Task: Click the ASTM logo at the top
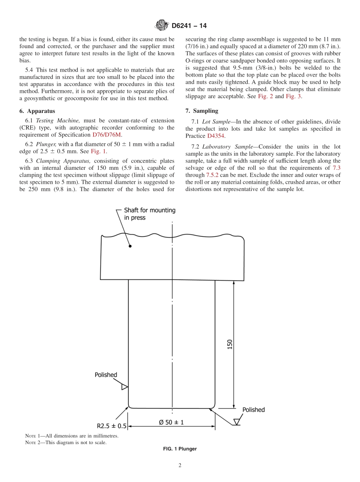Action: [162, 26]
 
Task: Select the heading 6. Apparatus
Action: [37, 111]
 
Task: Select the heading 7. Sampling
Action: [202, 111]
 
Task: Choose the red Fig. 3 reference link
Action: [293, 96]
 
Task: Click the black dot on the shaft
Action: [130, 246]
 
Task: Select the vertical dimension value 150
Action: [230, 344]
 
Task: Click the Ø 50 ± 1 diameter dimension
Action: [171, 422]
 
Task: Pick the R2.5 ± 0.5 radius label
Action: [111, 426]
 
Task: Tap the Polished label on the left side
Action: [106, 375]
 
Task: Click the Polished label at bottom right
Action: [254, 410]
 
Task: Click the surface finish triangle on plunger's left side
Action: [124, 387]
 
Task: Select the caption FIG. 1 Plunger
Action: [180, 449]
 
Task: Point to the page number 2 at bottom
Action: [180, 466]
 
